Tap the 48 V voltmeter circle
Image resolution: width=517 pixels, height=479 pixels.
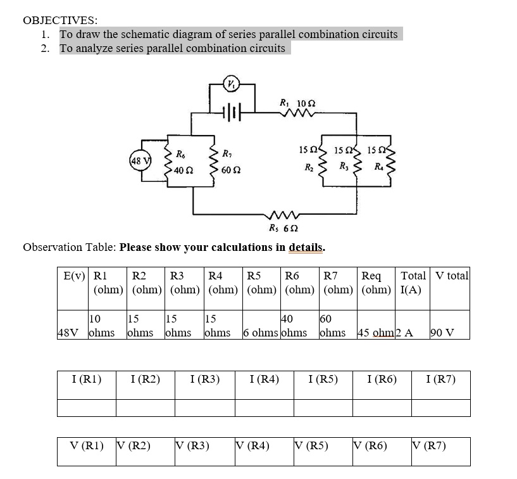(135, 159)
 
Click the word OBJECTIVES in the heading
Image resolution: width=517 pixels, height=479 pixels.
(60, 20)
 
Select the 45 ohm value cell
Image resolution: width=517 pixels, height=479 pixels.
(374, 333)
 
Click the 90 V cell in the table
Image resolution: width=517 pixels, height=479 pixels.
(442, 333)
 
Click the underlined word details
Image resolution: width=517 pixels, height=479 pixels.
(306, 247)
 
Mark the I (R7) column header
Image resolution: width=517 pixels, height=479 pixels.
(440, 380)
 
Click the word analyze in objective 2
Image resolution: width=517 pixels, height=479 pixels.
(93, 48)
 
